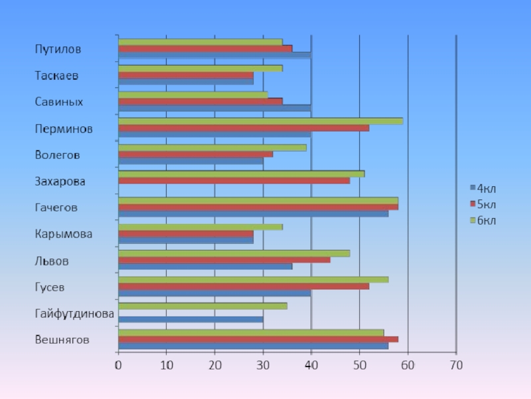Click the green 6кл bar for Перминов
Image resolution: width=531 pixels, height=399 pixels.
coord(260,121)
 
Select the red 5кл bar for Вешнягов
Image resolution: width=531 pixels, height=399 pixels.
coord(258,339)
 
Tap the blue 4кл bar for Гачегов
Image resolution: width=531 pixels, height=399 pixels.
coord(253,213)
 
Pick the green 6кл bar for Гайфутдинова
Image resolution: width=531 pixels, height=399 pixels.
coord(202,306)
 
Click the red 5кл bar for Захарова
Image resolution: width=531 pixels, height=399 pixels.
coord(234,180)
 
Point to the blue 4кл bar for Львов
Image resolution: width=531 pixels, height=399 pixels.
coord(204,266)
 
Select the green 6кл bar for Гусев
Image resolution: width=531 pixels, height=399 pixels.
coord(253,279)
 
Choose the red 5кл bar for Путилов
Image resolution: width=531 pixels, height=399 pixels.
coord(204,49)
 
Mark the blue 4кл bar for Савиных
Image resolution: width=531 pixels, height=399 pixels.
coord(214,108)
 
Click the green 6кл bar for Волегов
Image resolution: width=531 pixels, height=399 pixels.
coord(212,148)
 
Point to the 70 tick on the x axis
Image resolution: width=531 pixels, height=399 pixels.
coord(455,365)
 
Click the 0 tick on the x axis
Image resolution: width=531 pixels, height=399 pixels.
coord(118,365)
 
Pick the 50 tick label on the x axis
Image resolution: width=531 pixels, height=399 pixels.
coord(359,365)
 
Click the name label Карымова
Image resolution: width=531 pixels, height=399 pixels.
coord(64,234)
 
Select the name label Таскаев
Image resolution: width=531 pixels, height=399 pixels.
coord(56,76)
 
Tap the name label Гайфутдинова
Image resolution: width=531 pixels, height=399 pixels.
coord(74,313)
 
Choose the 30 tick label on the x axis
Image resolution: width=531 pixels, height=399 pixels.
coord(263,365)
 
